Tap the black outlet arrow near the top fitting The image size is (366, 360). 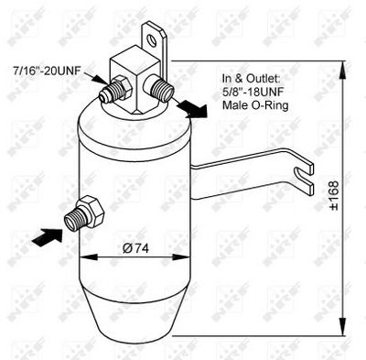[191, 109]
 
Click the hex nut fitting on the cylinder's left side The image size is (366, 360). [89, 210]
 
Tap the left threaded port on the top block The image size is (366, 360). [118, 93]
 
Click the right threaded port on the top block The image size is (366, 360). [162, 90]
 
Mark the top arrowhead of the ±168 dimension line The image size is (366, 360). [341, 65]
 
